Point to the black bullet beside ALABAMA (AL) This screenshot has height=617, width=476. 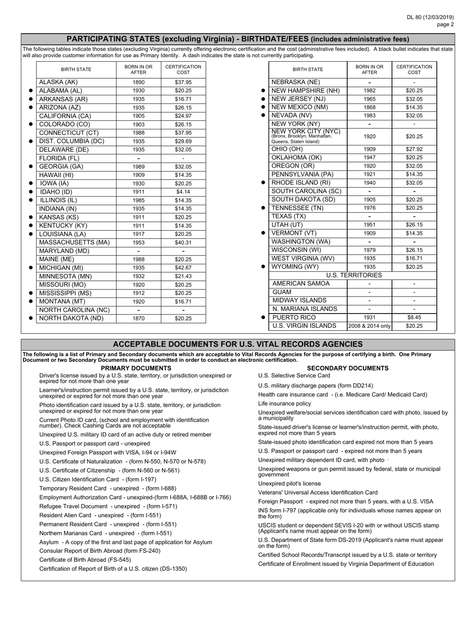(31, 91)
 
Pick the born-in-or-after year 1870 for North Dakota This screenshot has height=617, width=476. (138, 319)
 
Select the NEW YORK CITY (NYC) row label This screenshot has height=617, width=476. (306, 132)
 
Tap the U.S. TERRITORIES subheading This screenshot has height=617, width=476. (354, 275)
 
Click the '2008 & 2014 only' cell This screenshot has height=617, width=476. (369, 326)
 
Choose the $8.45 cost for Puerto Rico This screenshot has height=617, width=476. (414, 318)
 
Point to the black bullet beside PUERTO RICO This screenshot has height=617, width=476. (263, 318)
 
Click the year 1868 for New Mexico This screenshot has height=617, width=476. (369, 107)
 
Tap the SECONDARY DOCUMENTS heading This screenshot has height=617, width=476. (347, 368)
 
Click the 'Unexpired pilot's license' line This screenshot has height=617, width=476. (289, 484)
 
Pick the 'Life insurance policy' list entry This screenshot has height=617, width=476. (284, 403)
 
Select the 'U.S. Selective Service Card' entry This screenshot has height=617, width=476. (294, 376)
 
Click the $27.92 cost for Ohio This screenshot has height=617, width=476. (414, 149)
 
